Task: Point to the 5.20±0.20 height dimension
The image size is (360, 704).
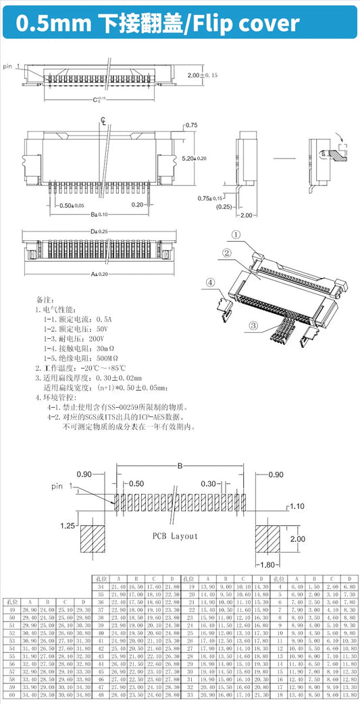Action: click(195, 157)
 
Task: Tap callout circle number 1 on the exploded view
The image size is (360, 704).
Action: click(236, 235)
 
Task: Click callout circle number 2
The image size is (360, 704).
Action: click(227, 252)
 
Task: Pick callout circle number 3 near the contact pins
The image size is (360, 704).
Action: click(254, 325)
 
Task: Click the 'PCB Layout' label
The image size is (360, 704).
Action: click(175, 535)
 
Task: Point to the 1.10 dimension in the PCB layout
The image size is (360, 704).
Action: click(297, 506)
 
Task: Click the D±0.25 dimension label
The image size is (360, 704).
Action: click(99, 232)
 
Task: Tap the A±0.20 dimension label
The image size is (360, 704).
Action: click(99, 274)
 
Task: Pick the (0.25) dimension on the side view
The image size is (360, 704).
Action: click(224, 207)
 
